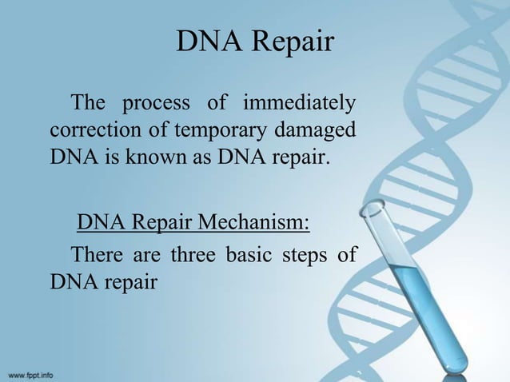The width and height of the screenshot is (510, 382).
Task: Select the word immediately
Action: click(x=299, y=104)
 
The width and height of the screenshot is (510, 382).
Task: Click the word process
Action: click(x=155, y=105)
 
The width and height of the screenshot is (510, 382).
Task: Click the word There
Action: click(x=99, y=256)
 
